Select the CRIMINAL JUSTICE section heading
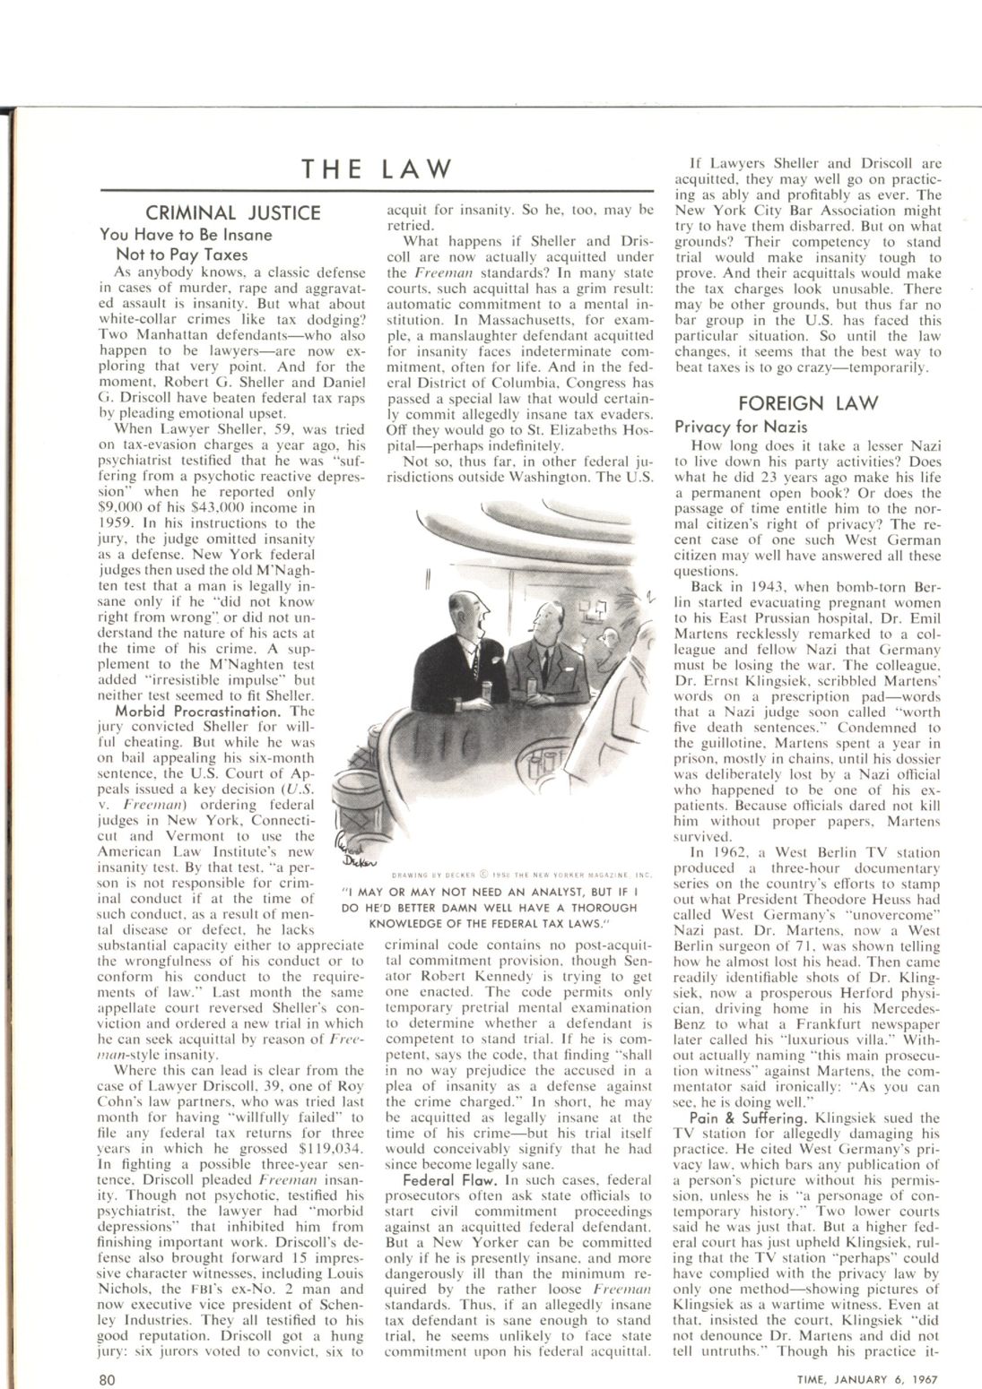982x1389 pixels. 234,213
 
